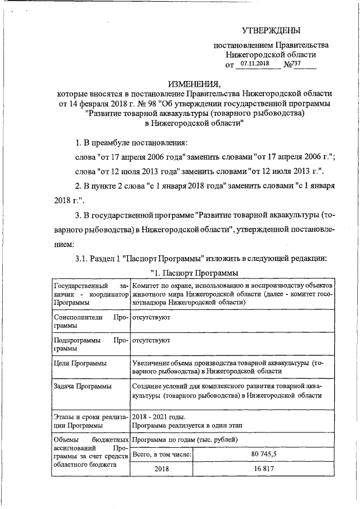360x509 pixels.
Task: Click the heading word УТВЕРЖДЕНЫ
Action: pyautogui.click(x=271, y=30)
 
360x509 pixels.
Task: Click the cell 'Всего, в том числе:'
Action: pyautogui.click(x=161, y=452)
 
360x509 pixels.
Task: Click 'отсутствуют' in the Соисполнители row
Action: pyautogui.click(x=151, y=317)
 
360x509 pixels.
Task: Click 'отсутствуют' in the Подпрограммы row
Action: pyautogui.click(x=151, y=340)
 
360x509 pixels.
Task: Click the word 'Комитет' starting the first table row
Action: pyautogui.click(x=145, y=285)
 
